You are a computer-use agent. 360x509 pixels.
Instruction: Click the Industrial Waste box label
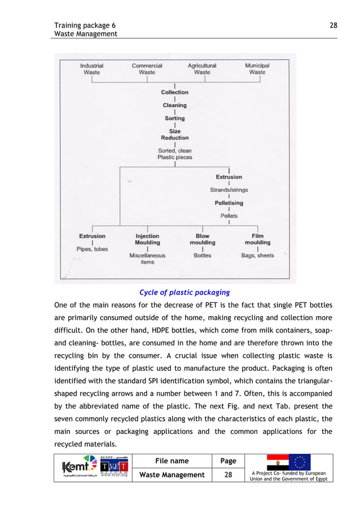91,69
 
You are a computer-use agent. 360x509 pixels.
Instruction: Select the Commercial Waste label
147,69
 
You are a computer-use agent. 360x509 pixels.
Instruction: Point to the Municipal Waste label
257,69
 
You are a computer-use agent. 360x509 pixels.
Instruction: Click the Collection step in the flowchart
175,93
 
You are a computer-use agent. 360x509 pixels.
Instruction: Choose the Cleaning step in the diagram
175,106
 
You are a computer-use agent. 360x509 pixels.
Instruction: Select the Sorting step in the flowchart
175,119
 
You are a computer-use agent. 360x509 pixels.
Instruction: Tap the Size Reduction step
175,134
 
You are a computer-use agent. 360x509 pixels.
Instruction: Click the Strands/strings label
229,190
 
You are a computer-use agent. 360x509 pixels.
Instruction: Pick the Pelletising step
229,203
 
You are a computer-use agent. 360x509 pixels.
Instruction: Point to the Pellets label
229,216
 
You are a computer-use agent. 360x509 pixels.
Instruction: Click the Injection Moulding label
147,239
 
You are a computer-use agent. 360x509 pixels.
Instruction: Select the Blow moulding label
202,239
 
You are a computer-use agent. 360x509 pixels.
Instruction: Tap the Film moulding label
257,239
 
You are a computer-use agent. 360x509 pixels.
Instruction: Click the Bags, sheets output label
257,256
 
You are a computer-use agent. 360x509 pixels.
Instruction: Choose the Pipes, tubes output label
92,249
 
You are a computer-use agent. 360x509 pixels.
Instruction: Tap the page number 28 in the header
333,25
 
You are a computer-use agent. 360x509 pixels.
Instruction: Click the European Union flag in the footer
300,462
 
